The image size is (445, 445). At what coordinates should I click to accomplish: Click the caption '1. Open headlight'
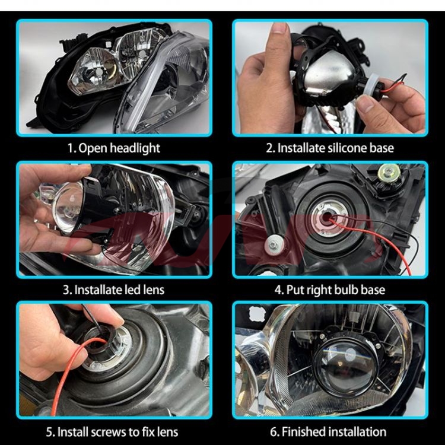point(113,148)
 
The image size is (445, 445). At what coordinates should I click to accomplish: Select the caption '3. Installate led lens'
point(113,290)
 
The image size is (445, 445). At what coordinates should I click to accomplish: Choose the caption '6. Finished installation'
point(328,432)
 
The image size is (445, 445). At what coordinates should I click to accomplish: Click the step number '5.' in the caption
point(50,432)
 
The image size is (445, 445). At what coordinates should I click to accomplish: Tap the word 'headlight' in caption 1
point(135,148)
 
